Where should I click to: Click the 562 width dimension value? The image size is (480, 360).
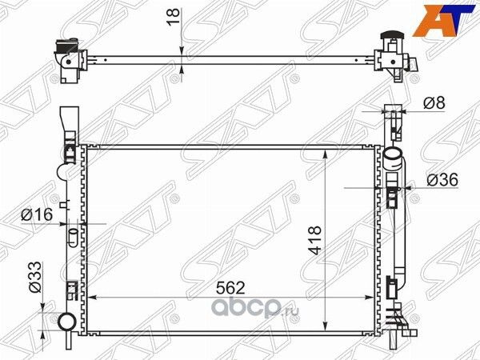(230, 288)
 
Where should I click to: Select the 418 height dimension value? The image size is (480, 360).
(315, 240)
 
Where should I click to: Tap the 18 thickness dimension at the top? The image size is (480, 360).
(174, 18)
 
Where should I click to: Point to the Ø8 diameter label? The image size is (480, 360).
(434, 103)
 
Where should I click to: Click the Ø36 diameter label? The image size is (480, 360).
(442, 180)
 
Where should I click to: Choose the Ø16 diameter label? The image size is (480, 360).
(37, 214)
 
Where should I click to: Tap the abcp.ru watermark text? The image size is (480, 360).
(256, 305)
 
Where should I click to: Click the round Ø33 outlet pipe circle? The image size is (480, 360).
(67, 322)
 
